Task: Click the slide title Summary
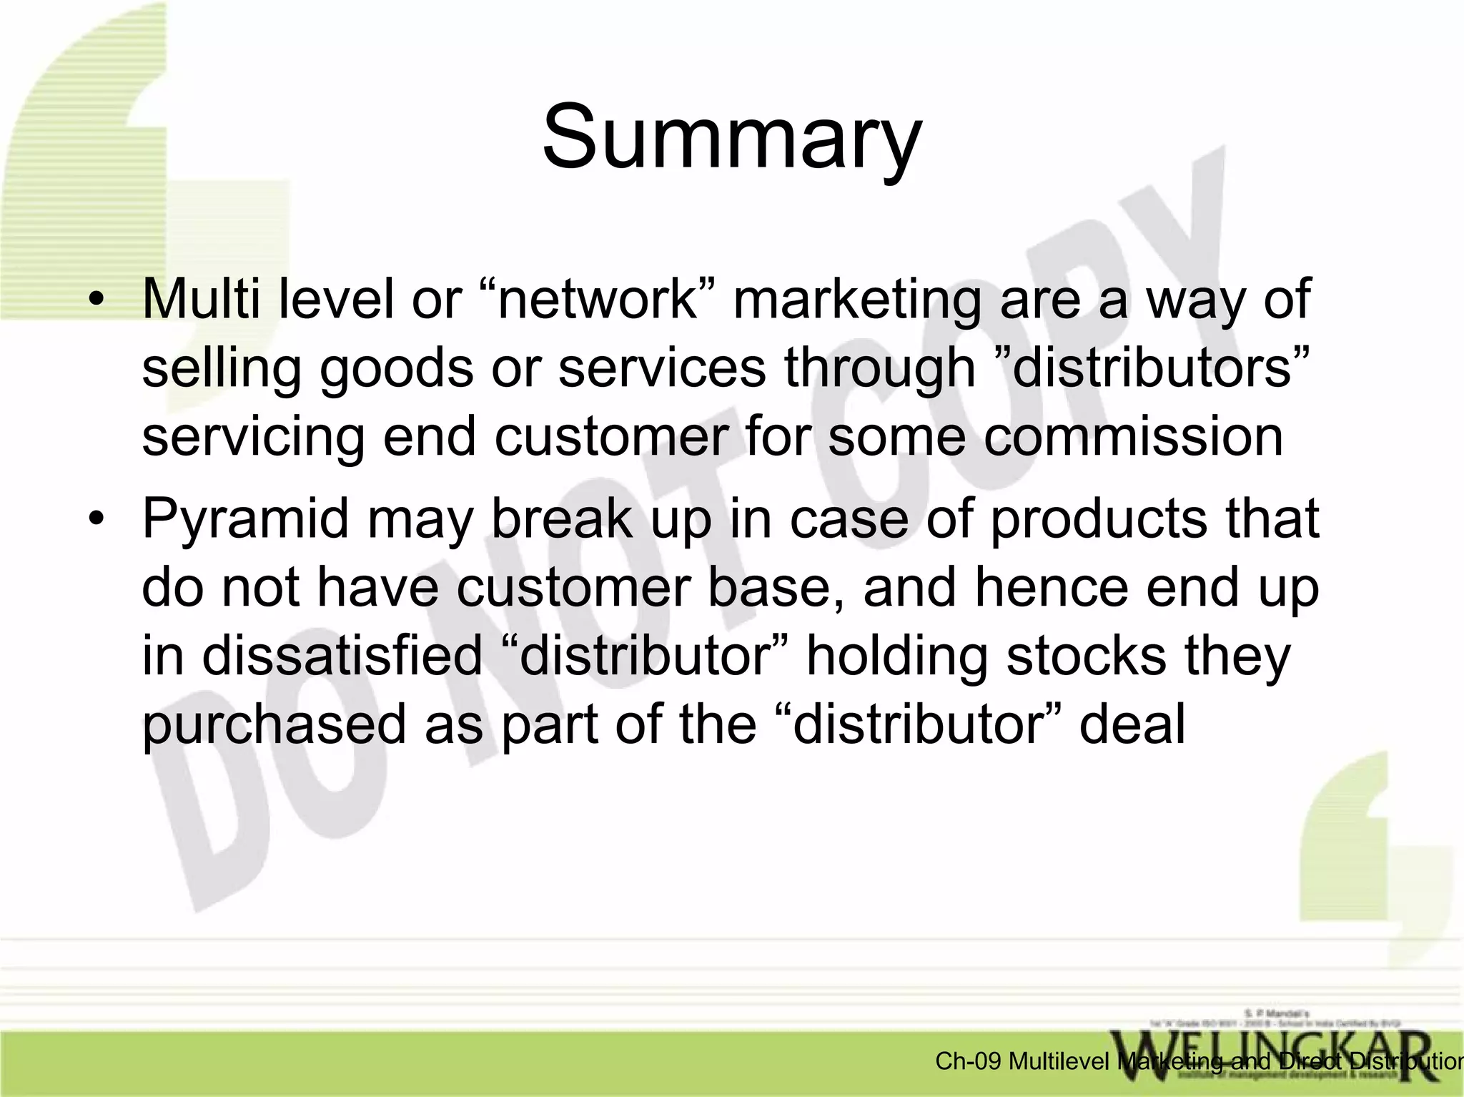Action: click(732, 137)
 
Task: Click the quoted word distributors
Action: click(1162, 368)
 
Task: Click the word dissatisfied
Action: click(342, 656)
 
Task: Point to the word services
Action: click(661, 369)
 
